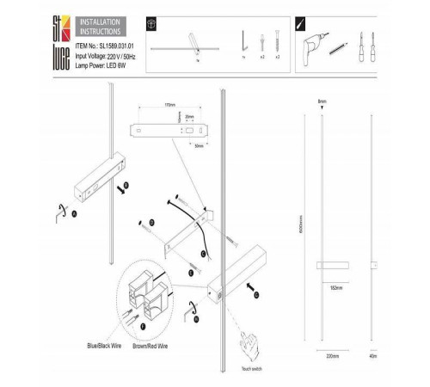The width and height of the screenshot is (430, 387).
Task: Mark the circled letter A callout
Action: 74,212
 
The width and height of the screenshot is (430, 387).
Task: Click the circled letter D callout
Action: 152,222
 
